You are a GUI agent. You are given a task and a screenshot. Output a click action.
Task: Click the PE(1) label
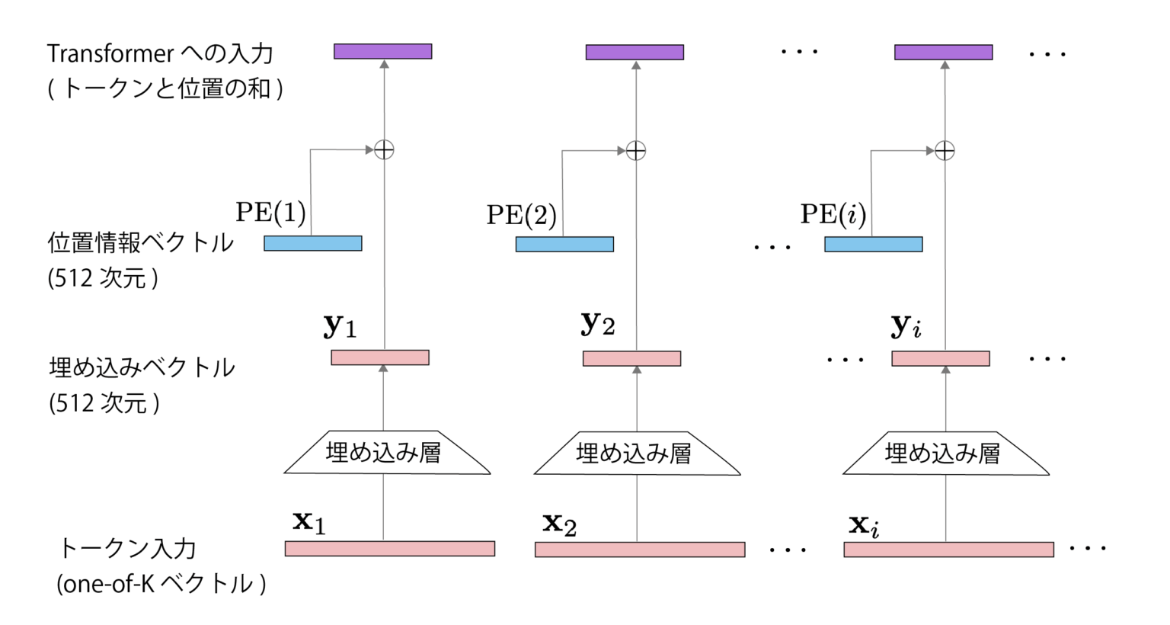pos(270,213)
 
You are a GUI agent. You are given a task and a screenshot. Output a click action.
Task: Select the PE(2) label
pos(522,215)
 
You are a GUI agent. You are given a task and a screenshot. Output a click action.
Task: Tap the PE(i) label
pos(833,214)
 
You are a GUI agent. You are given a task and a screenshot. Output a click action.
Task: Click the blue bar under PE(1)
pos(313,244)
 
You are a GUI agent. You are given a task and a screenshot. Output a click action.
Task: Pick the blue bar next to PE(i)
pos(873,245)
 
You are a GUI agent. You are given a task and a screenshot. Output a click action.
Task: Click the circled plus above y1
pos(384,150)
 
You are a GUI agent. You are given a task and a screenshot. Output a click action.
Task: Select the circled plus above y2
pos(636,151)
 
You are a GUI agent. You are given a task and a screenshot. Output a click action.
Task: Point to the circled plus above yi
pos(945,151)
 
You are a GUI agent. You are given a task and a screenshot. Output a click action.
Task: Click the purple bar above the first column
pos(383,52)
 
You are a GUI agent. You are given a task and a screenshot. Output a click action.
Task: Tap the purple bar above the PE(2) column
pos(635,53)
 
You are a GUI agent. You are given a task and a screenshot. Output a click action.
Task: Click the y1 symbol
pos(340,326)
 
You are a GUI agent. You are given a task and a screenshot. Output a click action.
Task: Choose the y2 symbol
pos(597,324)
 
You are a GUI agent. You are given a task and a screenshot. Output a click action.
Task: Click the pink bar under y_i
pos(941,359)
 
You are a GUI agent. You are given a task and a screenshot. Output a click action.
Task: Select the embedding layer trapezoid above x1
pos(386,454)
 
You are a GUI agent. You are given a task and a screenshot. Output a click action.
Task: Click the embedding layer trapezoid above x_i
pos(945,454)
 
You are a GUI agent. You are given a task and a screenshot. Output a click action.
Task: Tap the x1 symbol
pos(309,522)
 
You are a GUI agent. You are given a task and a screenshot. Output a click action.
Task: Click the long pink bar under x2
pos(640,550)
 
